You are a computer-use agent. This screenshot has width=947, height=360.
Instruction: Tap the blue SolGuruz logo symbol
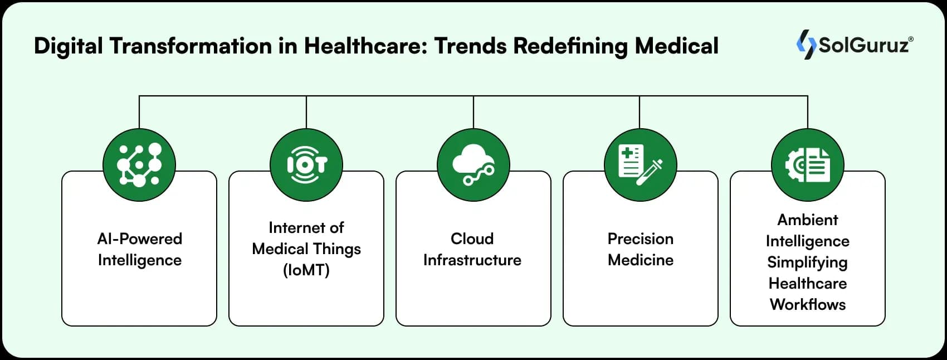tap(805, 45)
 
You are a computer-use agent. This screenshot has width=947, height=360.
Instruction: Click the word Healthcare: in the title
tap(365, 46)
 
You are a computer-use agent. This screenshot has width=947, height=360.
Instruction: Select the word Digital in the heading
tap(68, 46)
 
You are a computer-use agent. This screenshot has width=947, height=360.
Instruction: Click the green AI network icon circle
tap(139, 165)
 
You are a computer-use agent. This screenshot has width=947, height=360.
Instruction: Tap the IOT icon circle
tap(306, 165)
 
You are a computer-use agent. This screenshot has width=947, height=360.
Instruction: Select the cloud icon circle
tap(473, 165)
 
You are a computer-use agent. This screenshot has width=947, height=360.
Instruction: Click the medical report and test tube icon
tap(641, 165)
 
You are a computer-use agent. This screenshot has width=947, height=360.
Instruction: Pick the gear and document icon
tap(808, 165)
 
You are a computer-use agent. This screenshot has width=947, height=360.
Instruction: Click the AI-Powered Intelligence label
tap(139, 249)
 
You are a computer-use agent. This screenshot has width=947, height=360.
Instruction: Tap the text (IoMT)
tap(306, 270)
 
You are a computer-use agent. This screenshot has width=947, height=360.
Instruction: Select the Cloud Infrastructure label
tap(472, 249)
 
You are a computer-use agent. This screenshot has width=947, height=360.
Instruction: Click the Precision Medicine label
tap(641, 249)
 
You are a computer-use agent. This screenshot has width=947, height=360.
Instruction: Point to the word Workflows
tap(808, 304)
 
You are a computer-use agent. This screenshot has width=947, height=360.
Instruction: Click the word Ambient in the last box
tap(808, 220)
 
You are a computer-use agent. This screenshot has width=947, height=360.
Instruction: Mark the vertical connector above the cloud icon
tap(473, 111)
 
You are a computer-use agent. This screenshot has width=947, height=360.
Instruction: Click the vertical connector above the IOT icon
tap(306, 111)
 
